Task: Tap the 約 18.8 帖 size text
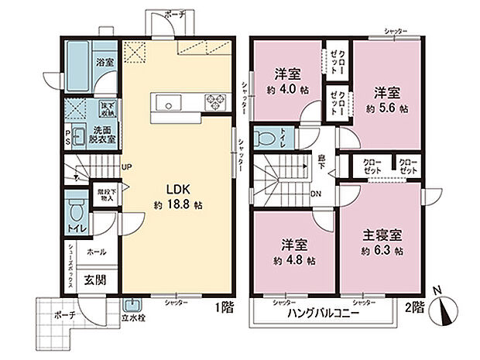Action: [177, 206]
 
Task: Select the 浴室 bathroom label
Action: [105, 61]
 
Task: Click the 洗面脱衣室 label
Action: [105, 134]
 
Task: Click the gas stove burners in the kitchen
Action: [214, 101]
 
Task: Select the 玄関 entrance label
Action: [95, 279]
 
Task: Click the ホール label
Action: [97, 252]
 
